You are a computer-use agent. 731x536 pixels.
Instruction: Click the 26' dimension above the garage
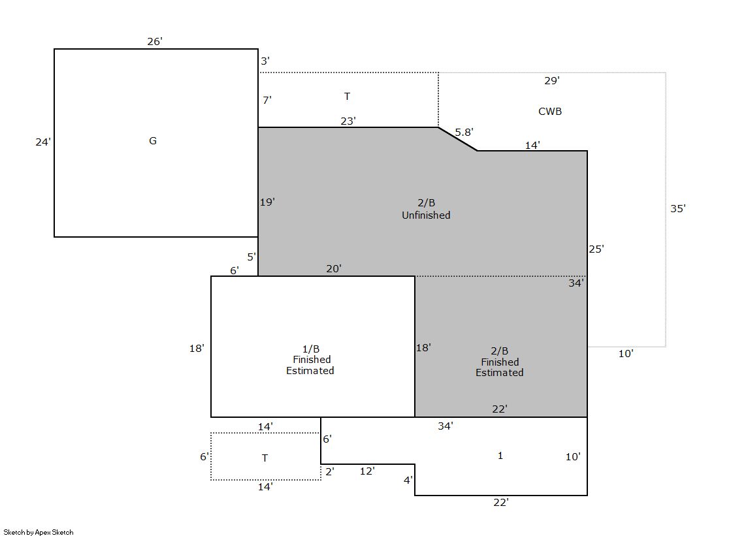155,42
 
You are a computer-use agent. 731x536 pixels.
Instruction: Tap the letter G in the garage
152,141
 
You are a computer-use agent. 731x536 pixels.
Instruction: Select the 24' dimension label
43,142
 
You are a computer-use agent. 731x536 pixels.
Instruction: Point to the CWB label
550,112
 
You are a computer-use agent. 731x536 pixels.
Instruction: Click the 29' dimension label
552,81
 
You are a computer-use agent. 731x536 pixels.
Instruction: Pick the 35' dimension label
678,209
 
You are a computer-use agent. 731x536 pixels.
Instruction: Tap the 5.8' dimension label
464,133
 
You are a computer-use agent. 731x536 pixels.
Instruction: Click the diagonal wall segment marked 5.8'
458,139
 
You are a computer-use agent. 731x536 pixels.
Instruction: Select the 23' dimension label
348,121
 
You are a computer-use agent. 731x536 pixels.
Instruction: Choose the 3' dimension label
265,61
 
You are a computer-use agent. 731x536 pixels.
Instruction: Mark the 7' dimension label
267,100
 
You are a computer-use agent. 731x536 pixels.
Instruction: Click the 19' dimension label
268,202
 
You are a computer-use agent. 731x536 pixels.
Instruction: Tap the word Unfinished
426,215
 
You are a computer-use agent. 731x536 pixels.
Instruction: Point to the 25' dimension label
596,249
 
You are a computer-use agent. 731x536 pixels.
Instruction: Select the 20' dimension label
334,269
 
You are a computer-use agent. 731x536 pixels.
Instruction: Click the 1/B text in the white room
311,349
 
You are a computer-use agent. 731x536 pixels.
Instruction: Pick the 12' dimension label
367,471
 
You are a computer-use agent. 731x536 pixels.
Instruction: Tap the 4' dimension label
408,480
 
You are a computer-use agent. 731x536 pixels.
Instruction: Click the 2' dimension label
330,471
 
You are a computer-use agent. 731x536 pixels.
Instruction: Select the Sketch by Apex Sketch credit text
39,532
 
